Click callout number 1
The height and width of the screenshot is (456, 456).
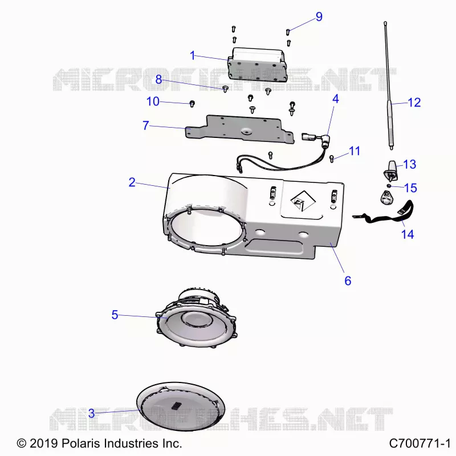pyautogui.click(x=192, y=55)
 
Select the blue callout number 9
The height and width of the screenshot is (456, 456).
pyautogui.click(x=319, y=17)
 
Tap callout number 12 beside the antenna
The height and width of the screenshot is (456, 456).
pyautogui.click(x=414, y=103)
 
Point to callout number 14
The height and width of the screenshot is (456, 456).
pyautogui.click(x=407, y=234)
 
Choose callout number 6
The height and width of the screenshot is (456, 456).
pyautogui.click(x=348, y=280)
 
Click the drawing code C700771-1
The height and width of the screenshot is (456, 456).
pyautogui.click(x=420, y=443)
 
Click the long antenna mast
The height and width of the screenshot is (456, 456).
pyautogui.click(x=388, y=85)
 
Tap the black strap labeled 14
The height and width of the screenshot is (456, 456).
pyautogui.click(x=384, y=215)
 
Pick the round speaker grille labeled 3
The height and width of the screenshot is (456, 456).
pyautogui.click(x=181, y=407)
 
